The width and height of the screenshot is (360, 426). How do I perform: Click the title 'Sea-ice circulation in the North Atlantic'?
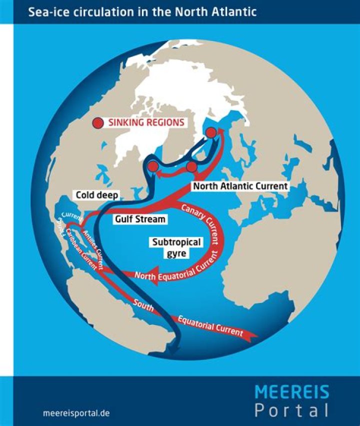(143, 11)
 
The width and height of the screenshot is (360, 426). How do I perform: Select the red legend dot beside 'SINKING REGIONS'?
(98, 122)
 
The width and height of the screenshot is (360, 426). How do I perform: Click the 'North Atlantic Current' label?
(240, 186)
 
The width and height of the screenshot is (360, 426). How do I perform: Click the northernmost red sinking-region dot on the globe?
(211, 132)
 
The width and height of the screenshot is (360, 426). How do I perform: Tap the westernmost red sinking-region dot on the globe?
(153, 166)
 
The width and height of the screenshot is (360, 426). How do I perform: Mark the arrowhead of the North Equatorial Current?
(152, 277)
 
